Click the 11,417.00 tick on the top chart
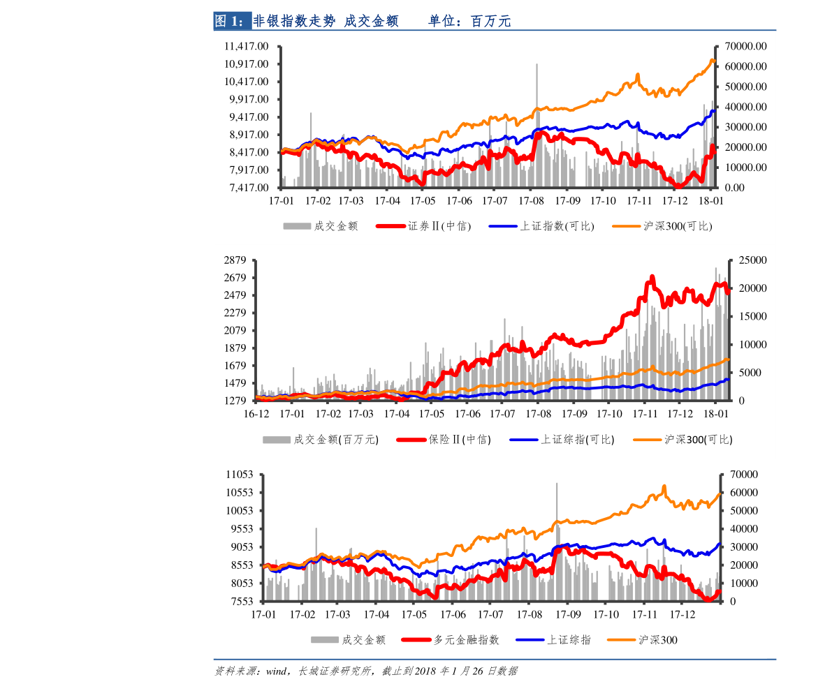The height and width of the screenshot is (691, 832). [x=247, y=46]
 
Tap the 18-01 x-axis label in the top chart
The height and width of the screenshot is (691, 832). [x=710, y=200]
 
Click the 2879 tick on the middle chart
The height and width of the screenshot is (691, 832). [x=235, y=260]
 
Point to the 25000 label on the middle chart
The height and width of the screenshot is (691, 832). [x=753, y=260]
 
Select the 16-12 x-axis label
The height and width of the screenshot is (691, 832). [x=256, y=413]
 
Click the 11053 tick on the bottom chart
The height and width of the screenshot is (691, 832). [x=240, y=475]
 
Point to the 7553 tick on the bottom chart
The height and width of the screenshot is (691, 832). [x=242, y=602]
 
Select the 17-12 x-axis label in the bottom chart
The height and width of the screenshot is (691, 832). [x=683, y=615]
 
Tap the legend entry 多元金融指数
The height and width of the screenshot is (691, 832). [x=467, y=640]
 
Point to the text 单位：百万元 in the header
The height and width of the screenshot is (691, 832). [x=469, y=22]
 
